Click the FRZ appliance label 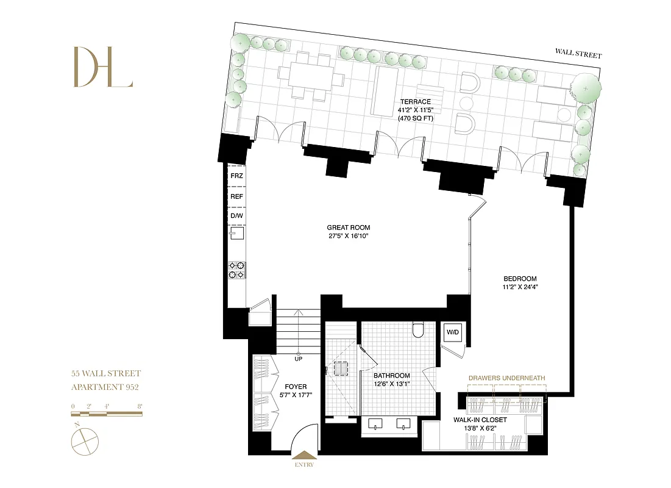(236, 176)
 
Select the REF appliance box (236, 196)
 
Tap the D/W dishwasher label (236, 217)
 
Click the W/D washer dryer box (453, 332)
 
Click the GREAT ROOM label (348, 228)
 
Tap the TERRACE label (415, 102)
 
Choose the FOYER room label (296, 387)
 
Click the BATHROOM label (391, 376)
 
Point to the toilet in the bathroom (418, 330)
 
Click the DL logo (102, 67)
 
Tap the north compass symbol (83, 440)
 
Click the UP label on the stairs (298, 359)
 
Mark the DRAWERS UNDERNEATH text (506, 378)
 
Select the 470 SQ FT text (415, 118)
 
